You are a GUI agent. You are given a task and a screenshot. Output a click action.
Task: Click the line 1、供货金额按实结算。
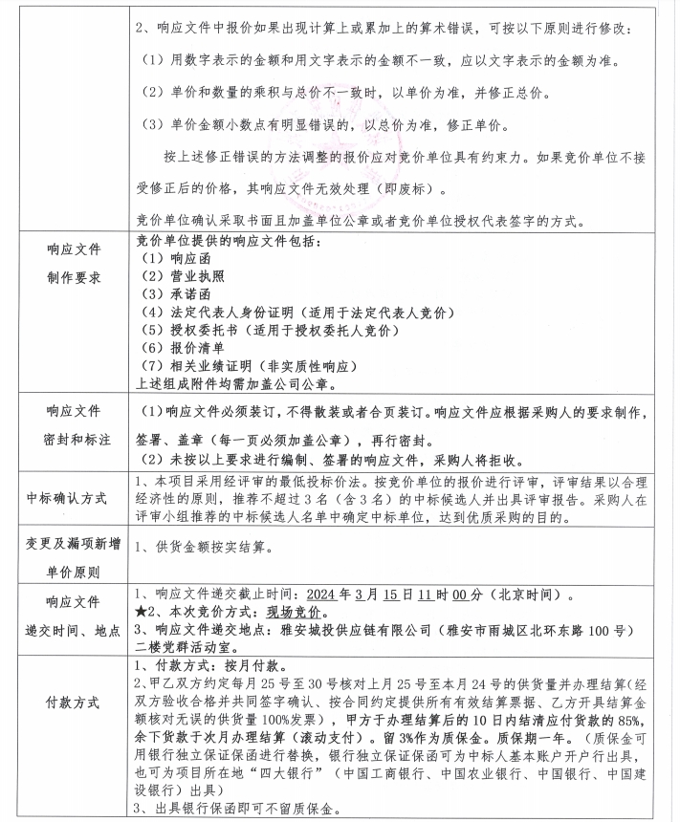pyautogui.click(x=206, y=549)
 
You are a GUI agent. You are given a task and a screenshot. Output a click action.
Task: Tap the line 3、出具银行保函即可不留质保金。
pyautogui.click(x=237, y=811)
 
